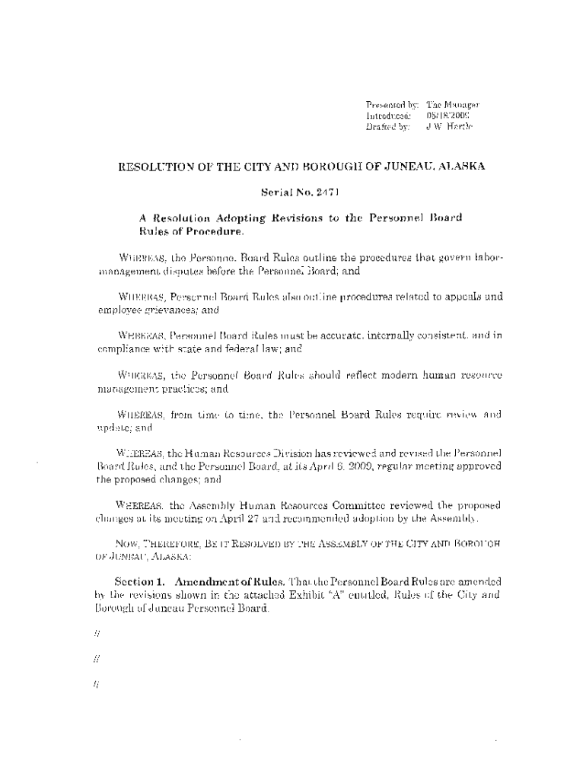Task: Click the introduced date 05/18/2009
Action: click(x=447, y=115)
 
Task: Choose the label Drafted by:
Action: click(x=388, y=126)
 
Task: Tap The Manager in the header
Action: click(x=452, y=104)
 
